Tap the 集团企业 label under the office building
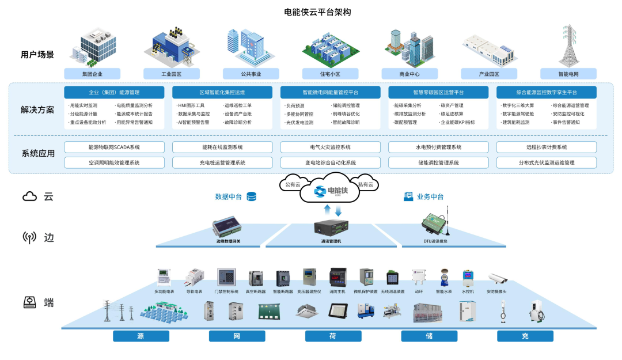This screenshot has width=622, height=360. tap(92, 74)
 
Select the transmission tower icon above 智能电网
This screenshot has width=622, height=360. tap(568, 46)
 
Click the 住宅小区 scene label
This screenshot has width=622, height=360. tap(330, 74)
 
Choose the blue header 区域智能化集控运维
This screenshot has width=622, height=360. tap(222, 92)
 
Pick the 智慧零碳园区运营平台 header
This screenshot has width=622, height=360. tap(438, 92)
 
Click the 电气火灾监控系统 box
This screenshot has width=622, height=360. tap(330, 147)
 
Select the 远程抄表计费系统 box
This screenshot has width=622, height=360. tap(546, 147)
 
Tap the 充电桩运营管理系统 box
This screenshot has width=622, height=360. tap(222, 163)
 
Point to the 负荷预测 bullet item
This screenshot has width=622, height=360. tap(297, 105)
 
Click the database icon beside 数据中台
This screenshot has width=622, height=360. tap(251, 196)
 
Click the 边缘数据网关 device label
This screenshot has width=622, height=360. tap(229, 241)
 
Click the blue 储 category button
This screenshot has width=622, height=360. tap(429, 336)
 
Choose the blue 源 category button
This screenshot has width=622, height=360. tap(141, 336)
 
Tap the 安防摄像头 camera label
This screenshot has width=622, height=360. tap(497, 291)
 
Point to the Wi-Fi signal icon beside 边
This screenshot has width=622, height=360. tap(29, 237)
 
